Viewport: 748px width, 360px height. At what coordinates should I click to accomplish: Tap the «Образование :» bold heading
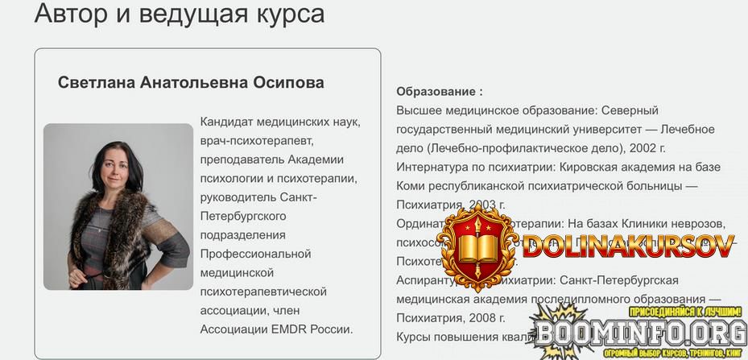[x=440, y=92]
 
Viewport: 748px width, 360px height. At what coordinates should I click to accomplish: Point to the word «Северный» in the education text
[x=630, y=110]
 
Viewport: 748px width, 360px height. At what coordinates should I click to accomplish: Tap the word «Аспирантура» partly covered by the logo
[x=429, y=279]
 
